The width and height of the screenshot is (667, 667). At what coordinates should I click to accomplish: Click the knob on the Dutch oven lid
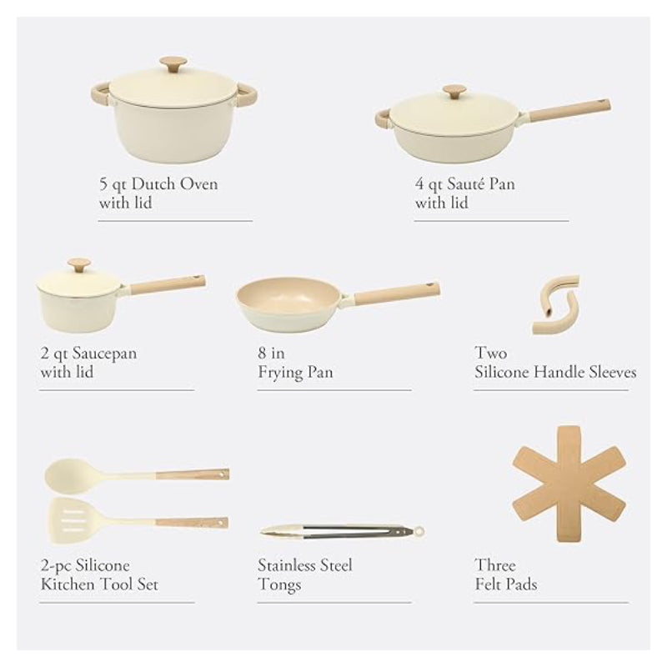[x=173, y=63]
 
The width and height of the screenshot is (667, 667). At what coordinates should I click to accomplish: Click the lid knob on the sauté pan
[x=454, y=90]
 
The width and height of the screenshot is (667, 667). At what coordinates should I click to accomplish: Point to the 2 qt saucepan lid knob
[x=79, y=264]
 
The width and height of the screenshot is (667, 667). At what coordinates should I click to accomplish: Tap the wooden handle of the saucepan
[x=167, y=284]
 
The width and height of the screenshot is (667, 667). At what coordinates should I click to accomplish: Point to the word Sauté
[x=469, y=183]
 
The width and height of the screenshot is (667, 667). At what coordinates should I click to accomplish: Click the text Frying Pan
[x=295, y=372]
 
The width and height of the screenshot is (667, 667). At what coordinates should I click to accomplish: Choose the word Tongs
[x=279, y=584]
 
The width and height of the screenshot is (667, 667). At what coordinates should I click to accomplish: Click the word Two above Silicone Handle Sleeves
[x=490, y=353]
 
